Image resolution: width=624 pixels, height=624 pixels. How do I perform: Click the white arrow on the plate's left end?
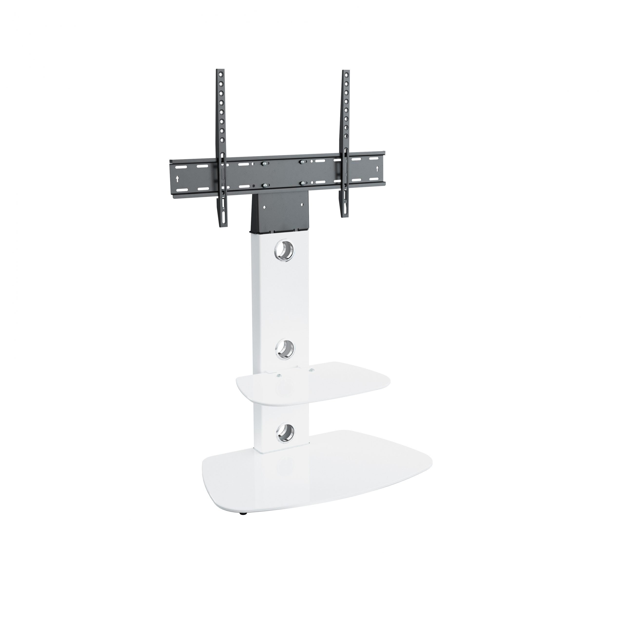(177, 178)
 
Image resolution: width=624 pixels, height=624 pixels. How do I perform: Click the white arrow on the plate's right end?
(377, 169)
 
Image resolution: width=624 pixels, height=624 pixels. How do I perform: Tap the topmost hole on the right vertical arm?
(347, 75)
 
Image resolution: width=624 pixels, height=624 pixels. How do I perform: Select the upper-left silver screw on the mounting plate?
(264, 164)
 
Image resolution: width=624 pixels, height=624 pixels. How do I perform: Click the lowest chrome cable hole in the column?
(286, 431)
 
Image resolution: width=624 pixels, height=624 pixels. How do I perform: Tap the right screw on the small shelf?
(311, 370)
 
